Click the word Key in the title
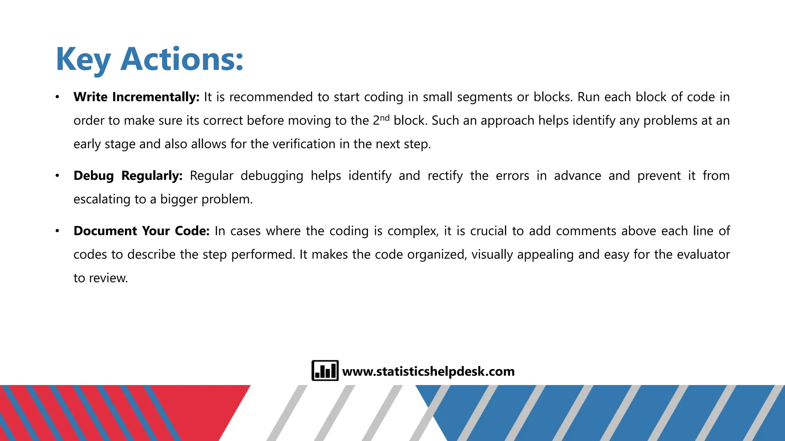click(x=83, y=59)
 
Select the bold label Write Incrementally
click(x=136, y=97)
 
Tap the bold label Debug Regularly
click(x=128, y=176)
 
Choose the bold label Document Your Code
click(x=141, y=231)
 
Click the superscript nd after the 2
click(x=384, y=118)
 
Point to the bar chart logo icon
click(x=325, y=371)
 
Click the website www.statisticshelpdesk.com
click(x=428, y=371)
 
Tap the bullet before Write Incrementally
click(x=57, y=97)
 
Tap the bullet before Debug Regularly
click(x=57, y=176)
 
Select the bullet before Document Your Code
click(x=57, y=231)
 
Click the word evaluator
click(x=703, y=255)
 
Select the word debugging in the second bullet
click(x=272, y=176)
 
